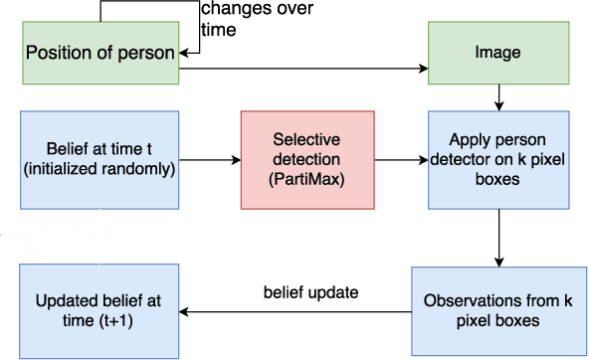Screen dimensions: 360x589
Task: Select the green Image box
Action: click(496, 52)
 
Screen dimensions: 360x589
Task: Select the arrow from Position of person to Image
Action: click(298, 71)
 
